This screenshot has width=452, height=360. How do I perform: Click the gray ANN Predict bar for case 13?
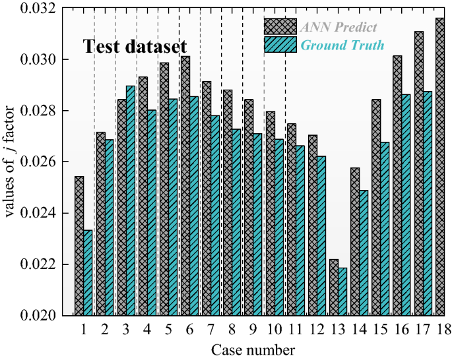point(334,287)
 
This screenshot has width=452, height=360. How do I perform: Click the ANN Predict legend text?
point(338,27)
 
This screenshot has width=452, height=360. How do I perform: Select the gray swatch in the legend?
point(280,26)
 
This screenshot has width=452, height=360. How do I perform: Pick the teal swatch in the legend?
point(280,44)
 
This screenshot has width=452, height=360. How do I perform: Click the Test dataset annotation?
point(135,47)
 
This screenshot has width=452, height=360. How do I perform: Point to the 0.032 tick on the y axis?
point(48,9)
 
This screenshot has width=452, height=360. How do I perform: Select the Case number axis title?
point(253,349)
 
